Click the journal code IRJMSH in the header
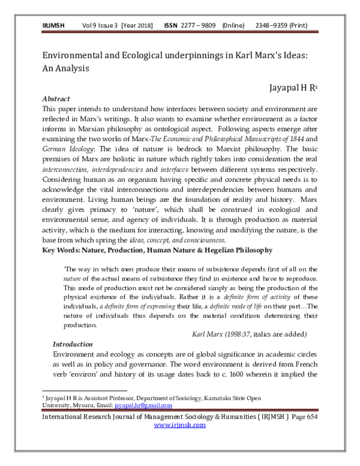(x=53, y=26)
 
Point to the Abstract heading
(x=56, y=98)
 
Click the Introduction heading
(x=73, y=344)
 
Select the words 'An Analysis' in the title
(x=65, y=68)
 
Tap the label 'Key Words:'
(x=64, y=249)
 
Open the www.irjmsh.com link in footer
(x=180, y=425)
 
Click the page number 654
(x=313, y=416)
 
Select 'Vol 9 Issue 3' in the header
(x=100, y=26)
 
